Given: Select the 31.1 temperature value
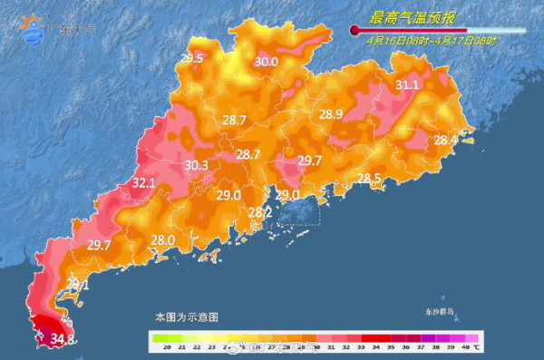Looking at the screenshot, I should coord(407,85).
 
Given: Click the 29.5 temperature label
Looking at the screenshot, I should coord(191,59).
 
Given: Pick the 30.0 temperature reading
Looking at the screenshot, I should coord(266,62).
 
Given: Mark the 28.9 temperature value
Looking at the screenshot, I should coord(330,114).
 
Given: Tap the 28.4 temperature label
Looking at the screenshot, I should coord(445,140).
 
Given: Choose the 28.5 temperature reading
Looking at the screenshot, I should coord(368,178).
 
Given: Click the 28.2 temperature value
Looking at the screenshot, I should coord(260,212).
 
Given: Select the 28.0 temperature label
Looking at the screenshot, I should coord(162,239).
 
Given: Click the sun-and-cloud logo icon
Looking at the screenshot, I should coord(32,29).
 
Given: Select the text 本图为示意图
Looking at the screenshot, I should coord(186,317).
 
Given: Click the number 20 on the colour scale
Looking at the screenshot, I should coord(159,347).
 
